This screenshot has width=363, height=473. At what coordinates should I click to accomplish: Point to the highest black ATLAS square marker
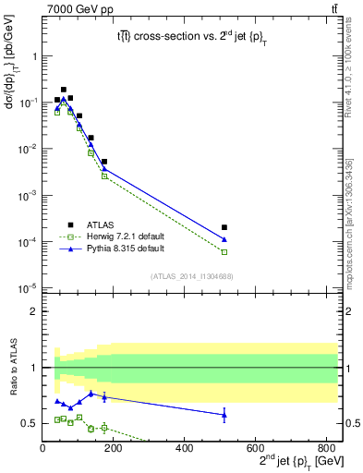tap(63, 90)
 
